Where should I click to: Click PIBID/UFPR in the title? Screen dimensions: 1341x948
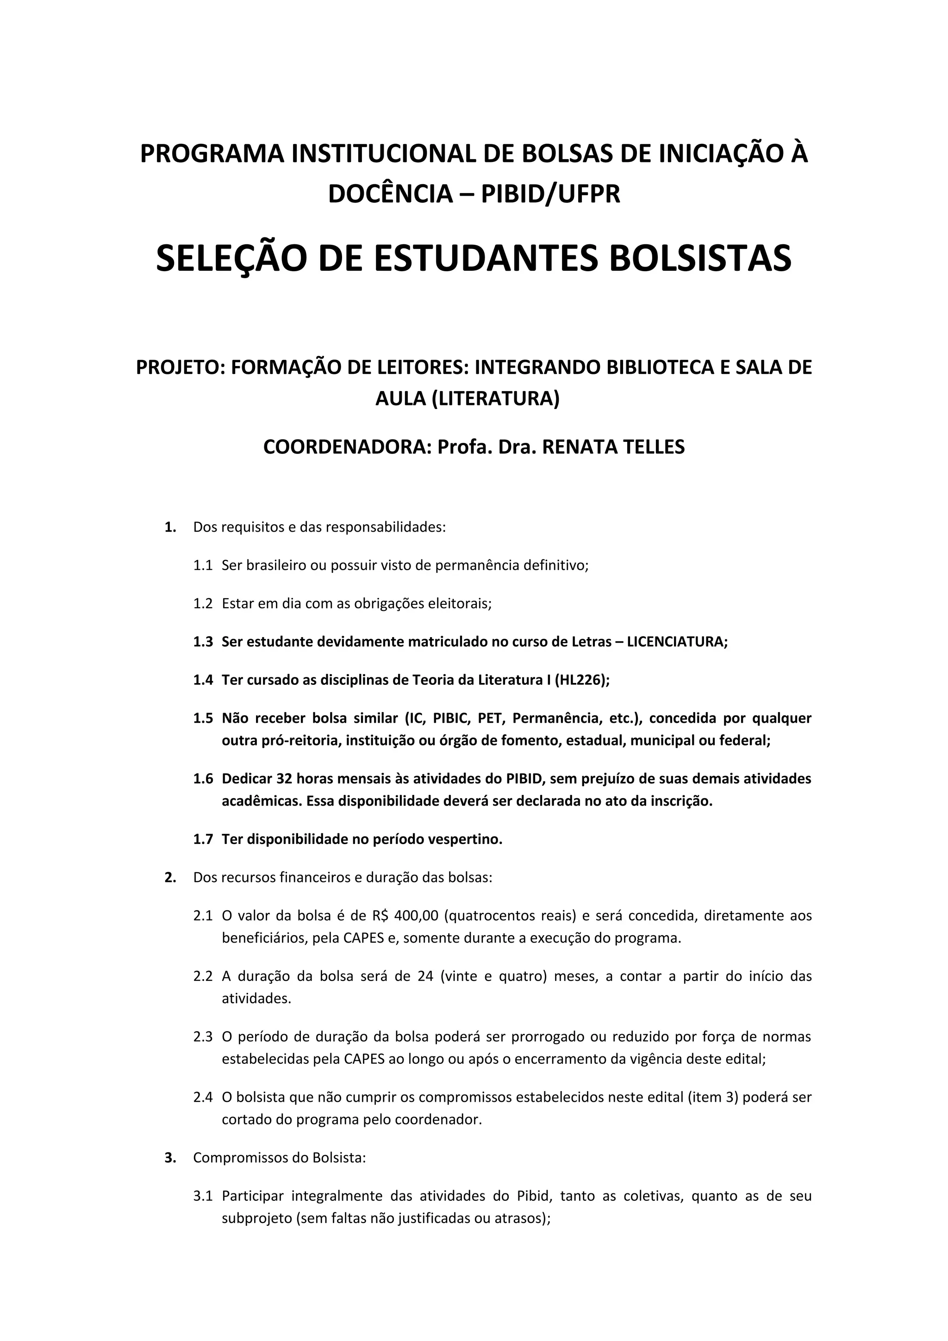[x=550, y=194]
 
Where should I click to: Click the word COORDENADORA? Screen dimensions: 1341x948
[x=347, y=447]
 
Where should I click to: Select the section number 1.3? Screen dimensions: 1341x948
[x=203, y=642]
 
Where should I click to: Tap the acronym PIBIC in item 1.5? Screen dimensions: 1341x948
[x=451, y=718]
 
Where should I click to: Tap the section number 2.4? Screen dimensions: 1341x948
[x=203, y=1098]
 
